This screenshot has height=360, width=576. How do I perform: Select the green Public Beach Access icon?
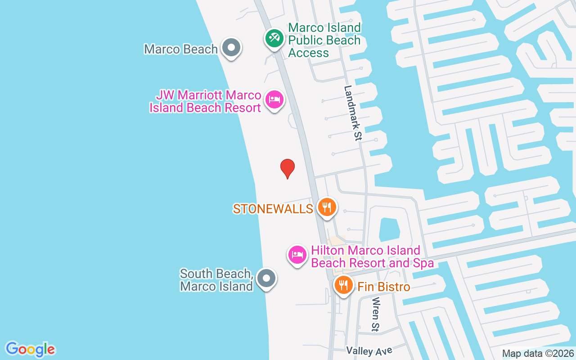coord(274,38)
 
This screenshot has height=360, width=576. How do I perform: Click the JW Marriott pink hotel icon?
coord(274,99)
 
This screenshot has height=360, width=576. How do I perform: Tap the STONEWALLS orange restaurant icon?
coord(327,207)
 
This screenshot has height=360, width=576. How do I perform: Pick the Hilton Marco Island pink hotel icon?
coord(297,255)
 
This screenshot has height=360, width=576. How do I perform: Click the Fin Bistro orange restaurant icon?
coord(344,285)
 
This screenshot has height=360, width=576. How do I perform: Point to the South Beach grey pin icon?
coord(266,278)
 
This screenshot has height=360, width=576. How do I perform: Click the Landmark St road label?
coord(353,113)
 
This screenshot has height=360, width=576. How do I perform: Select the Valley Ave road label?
coord(369,351)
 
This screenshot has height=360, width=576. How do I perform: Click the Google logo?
coord(31,349)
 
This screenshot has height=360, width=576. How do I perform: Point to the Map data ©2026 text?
coord(538,354)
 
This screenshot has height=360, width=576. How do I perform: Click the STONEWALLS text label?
coord(273,209)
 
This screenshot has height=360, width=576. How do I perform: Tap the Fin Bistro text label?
coord(384,287)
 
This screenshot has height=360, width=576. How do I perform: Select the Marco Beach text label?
coord(181,49)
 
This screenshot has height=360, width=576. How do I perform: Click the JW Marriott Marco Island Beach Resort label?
coord(206,102)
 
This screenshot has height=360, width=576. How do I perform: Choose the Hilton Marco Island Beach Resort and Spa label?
coord(372,256)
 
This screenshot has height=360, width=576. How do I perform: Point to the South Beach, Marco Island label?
coord(216,280)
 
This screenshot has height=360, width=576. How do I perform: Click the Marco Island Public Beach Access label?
coord(324,40)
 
